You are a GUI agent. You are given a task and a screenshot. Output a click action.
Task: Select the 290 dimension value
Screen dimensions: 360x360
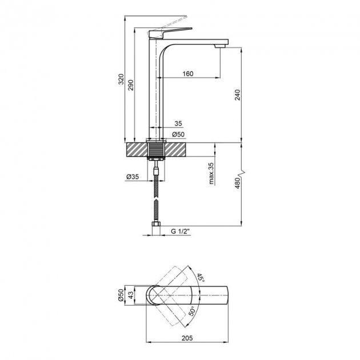tap(131, 84)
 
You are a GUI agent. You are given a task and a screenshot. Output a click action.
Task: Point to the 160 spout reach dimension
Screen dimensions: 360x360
tap(189, 73)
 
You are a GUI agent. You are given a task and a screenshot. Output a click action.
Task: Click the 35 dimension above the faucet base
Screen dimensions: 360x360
tap(177, 123)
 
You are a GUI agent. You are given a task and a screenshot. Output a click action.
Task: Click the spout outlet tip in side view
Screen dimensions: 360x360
tap(221, 45)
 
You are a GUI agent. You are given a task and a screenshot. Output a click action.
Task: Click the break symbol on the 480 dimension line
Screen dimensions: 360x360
tap(244, 171)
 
